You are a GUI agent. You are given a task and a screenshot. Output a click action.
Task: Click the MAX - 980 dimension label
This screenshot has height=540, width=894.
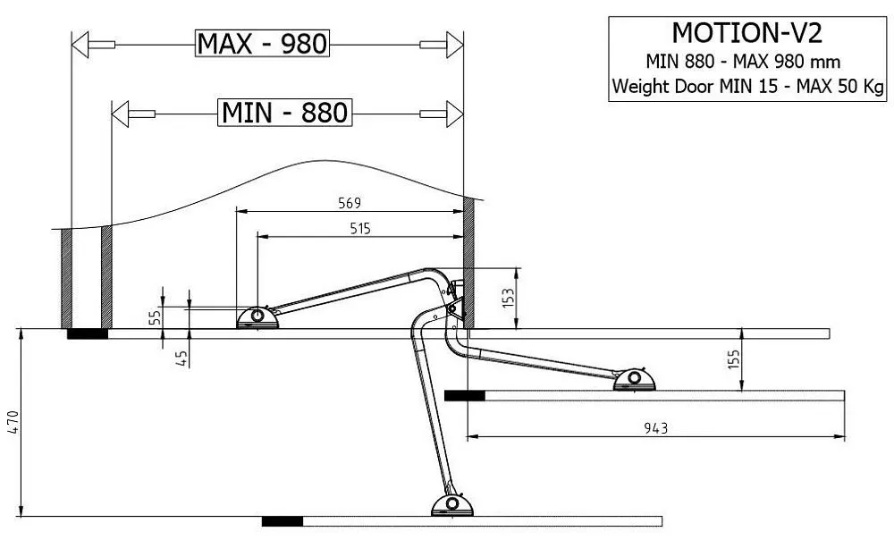[262, 43]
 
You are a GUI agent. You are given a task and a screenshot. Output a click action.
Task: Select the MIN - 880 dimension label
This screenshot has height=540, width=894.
[284, 113]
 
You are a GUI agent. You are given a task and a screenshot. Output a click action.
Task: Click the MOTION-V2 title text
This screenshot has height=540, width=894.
[746, 33]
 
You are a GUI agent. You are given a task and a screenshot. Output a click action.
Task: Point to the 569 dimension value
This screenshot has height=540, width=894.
[350, 203]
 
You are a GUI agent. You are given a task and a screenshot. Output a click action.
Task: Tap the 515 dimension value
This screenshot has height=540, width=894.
[360, 229]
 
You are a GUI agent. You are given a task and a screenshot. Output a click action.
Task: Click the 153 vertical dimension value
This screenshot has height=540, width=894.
[508, 298]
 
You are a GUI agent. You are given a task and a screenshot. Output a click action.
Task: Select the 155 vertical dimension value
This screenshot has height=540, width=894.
[733, 359]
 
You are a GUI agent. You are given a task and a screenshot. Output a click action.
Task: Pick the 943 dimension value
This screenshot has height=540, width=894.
[655, 427]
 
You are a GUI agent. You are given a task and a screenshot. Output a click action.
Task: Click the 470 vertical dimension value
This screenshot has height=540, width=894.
[13, 423]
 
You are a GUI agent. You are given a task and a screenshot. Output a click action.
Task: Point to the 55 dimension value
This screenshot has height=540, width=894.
[155, 317]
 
